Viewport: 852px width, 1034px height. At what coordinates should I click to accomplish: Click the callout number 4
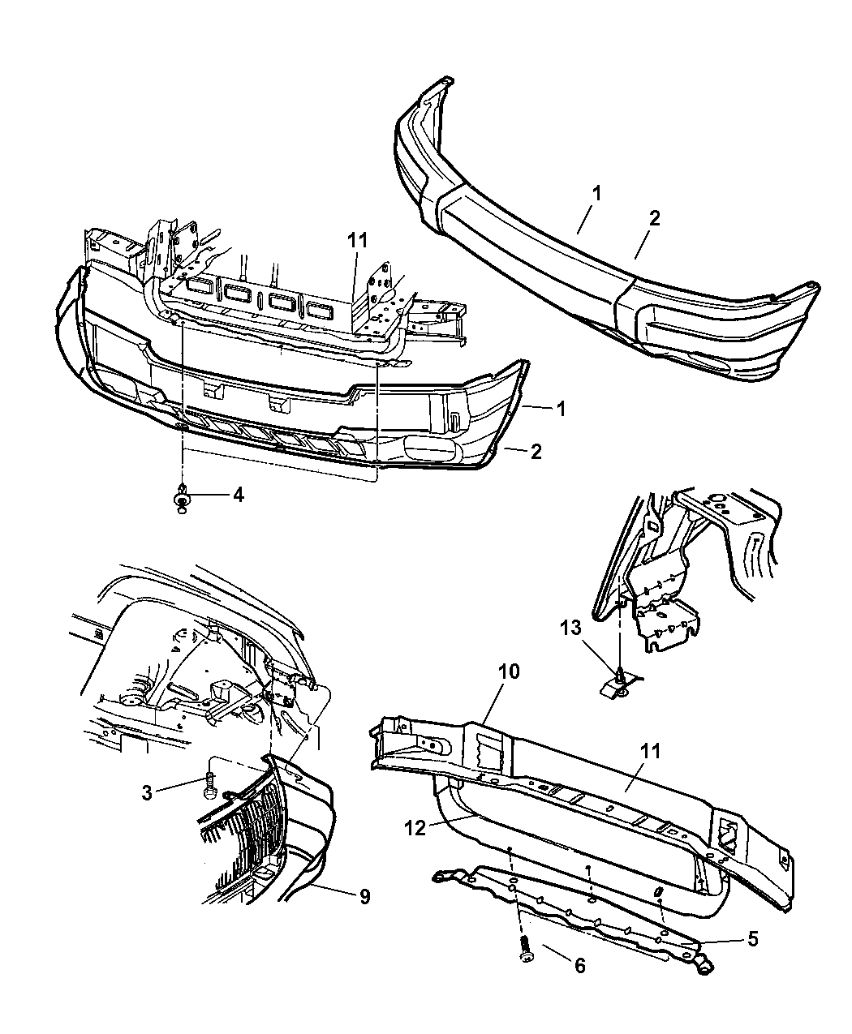(x=239, y=495)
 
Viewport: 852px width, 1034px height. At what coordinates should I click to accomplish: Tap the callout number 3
(x=147, y=792)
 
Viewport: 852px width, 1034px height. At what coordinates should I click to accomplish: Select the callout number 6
(x=580, y=965)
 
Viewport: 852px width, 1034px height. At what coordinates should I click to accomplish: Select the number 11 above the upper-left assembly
(x=357, y=241)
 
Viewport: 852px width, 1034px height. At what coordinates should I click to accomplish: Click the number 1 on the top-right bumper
(x=596, y=193)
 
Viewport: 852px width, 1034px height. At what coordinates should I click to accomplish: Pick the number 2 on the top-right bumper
(x=654, y=218)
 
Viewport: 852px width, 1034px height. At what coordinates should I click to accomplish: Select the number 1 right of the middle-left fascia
(x=561, y=409)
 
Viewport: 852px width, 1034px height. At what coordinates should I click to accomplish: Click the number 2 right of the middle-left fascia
(x=536, y=452)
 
